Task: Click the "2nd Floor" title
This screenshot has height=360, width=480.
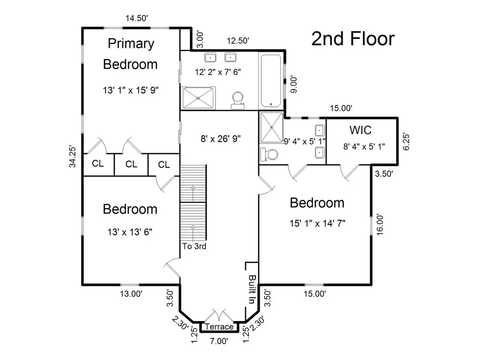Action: pyautogui.click(x=353, y=39)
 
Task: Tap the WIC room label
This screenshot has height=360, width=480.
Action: pyautogui.click(x=360, y=130)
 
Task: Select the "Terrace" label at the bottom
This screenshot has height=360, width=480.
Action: pyautogui.click(x=219, y=327)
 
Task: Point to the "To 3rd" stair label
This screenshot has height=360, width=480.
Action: pyautogui.click(x=194, y=246)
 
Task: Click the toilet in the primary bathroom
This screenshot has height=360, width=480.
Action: pyautogui.click(x=238, y=100)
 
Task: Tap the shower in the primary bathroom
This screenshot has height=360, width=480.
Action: pyautogui.click(x=198, y=98)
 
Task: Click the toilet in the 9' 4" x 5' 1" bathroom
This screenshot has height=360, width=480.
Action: pyautogui.click(x=269, y=155)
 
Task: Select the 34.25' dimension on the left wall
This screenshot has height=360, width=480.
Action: pyautogui.click(x=72, y=156)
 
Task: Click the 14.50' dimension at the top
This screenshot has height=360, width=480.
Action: pyautogui.click(x=137, y=18)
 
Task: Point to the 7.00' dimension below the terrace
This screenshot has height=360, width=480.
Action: pyautogui.click(x=219, y=341)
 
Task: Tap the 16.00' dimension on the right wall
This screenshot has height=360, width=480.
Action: pyautogui.click(x=380, y=225)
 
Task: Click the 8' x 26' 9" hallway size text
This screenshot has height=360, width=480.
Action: pyautogui.click(x=220, y=139)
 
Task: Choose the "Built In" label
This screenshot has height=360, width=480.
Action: pyautogui.click(x=252, y=289)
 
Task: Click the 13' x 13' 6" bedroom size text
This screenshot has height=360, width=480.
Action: pyautogui.click(x=130, y=232)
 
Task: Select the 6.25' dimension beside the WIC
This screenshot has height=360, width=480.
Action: pyautogui.click(x=406, y=142)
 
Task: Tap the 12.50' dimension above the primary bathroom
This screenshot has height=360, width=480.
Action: pyautogui.click(x=238, y=41)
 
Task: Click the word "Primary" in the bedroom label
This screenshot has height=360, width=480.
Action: pyautogui.click(x=131, y=44)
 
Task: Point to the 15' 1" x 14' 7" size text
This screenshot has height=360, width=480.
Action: pyautogui.click(x=317, y=224)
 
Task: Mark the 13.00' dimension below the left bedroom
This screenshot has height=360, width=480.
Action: pyautogui.click(x=131, y=294)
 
